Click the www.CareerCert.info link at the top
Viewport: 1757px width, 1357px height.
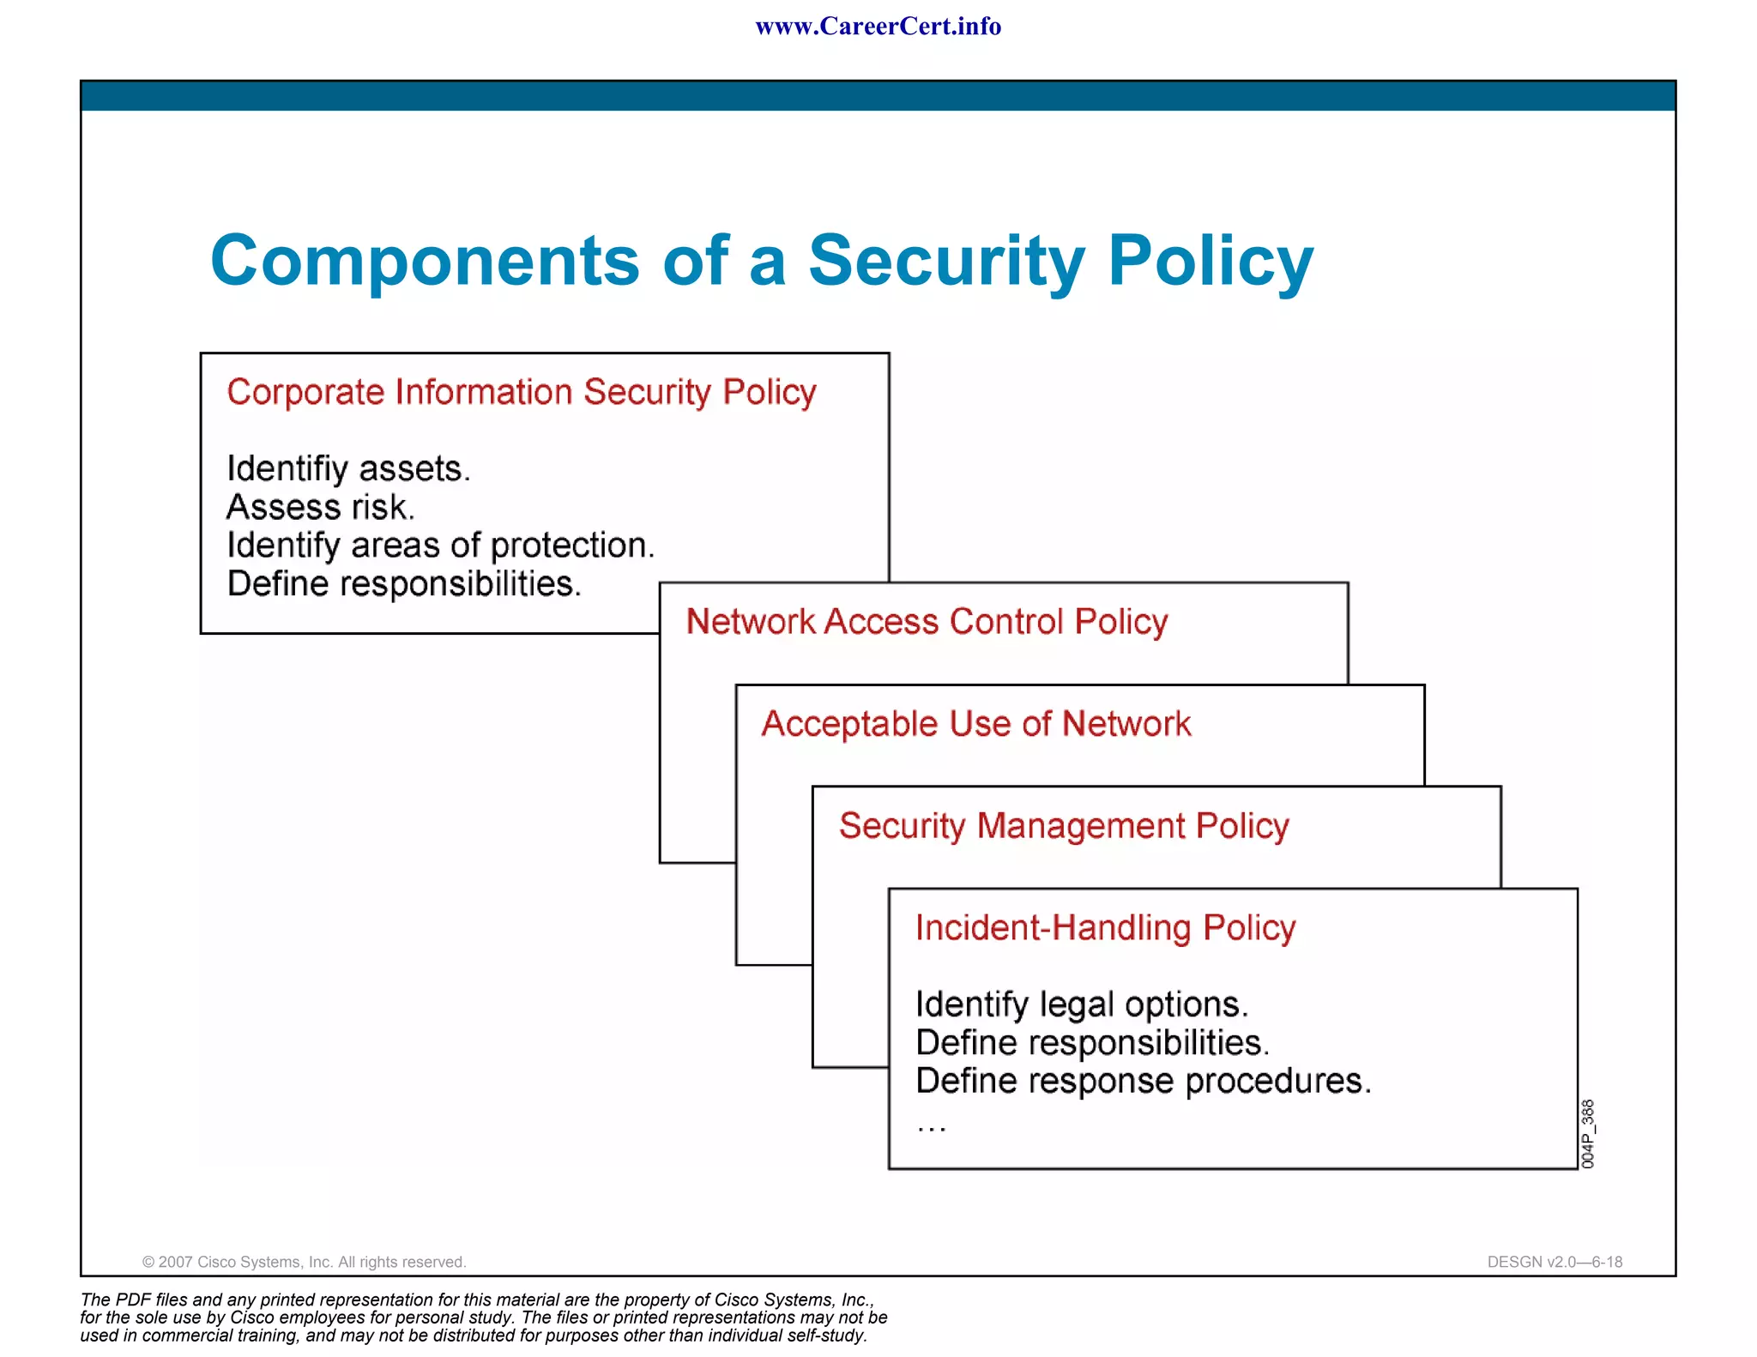coord(878,27)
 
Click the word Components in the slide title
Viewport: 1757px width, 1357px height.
coord(425,261)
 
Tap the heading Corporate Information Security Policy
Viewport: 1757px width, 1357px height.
coord(521,392)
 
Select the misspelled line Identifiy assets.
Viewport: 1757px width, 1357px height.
coord(348,469)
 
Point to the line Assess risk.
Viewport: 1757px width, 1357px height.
coord(321,508)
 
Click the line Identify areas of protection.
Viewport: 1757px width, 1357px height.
coord(440,546)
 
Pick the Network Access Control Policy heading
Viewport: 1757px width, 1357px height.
coord(927,622)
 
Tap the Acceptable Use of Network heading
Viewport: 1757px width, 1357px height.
coord(975,724)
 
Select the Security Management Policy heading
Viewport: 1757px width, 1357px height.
coord(1064,826)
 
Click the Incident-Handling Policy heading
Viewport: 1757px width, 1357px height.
coord(1105,928)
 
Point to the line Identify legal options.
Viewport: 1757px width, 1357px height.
coord(1081,1004)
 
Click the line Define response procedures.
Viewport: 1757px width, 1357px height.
coord(1143,1081)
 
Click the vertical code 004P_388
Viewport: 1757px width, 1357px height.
coord(1587,1133)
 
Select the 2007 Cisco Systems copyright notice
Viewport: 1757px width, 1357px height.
coord(304,1262)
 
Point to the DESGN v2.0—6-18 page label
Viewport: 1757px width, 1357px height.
coord(1555,1262)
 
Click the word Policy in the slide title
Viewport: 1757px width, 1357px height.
coord(1210,261)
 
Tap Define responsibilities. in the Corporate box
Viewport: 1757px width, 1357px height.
coord(404,584)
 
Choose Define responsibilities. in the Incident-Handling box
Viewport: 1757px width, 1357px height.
coord(1092,1043)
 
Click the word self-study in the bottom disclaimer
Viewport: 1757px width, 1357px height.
coord(827,1336)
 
